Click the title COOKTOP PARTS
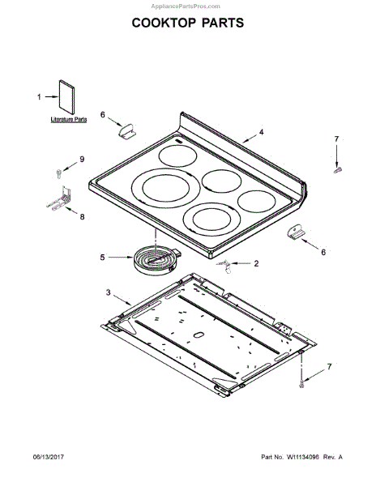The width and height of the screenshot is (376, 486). (188, 23)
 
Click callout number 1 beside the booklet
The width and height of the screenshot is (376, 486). (39, 97)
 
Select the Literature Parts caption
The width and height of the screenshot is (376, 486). (69, 119)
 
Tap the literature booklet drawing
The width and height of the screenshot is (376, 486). (66, 97)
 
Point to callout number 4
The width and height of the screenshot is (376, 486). (261, 132)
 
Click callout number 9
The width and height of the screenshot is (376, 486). (82, 159)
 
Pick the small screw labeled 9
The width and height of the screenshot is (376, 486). (58, 173)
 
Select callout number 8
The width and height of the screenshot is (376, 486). (82, 216)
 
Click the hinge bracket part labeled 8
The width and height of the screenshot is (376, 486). (60, 198)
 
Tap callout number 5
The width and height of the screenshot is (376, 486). (102, 258)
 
